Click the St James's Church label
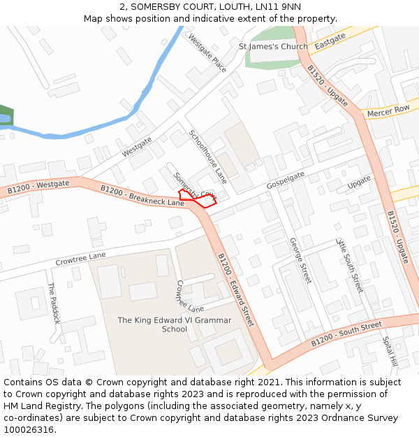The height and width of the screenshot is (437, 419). (x=273, y=47)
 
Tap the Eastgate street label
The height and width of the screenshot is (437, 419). (x=330, y=45)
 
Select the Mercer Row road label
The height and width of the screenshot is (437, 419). (x=388, y=110)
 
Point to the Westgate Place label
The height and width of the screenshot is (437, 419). (x=207, y=54)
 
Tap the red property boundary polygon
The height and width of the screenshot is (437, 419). (x=198, y=199)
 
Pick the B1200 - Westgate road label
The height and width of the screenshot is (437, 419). (x=38, y=187)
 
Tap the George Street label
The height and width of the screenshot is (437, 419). (x=300, y=260)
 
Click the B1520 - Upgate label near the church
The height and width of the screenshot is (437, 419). (x=328, y=86)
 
